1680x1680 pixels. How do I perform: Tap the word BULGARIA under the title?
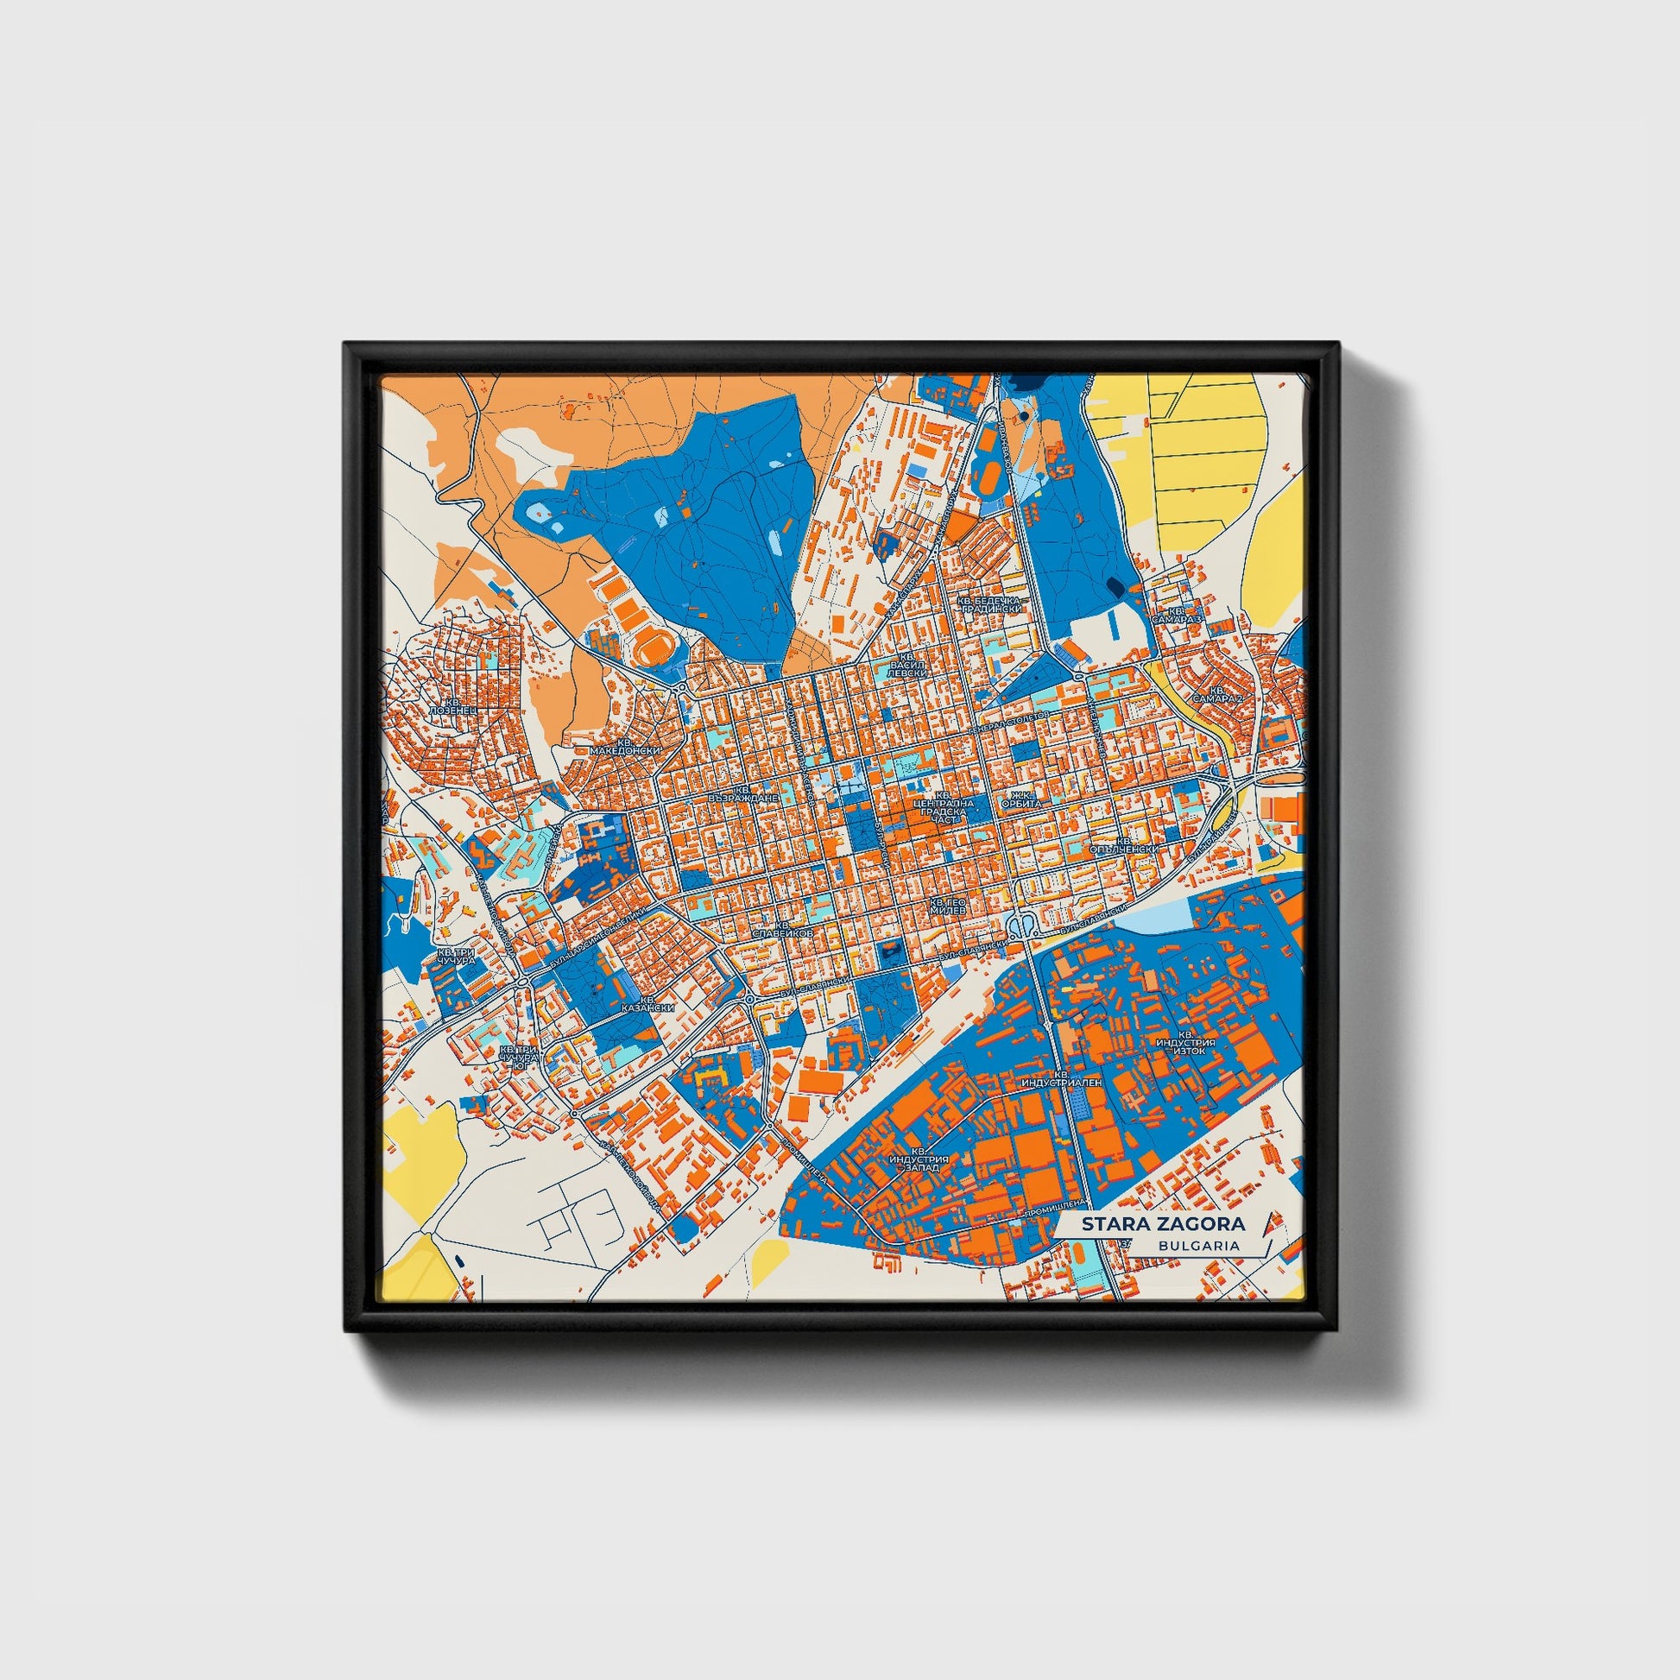(x=1198, y=1245)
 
